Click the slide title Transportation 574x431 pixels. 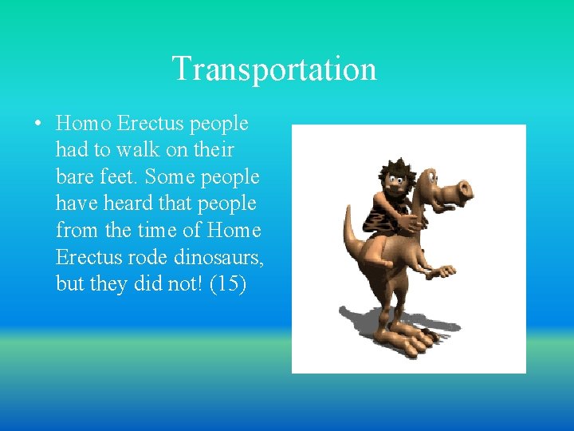pos(273,69)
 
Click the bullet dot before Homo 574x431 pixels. pos(37,125)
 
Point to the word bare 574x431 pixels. pos(75,177)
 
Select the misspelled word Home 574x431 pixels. pos(234,230)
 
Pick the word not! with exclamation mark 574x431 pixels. pos(179,283)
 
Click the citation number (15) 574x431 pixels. pos(227,283)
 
